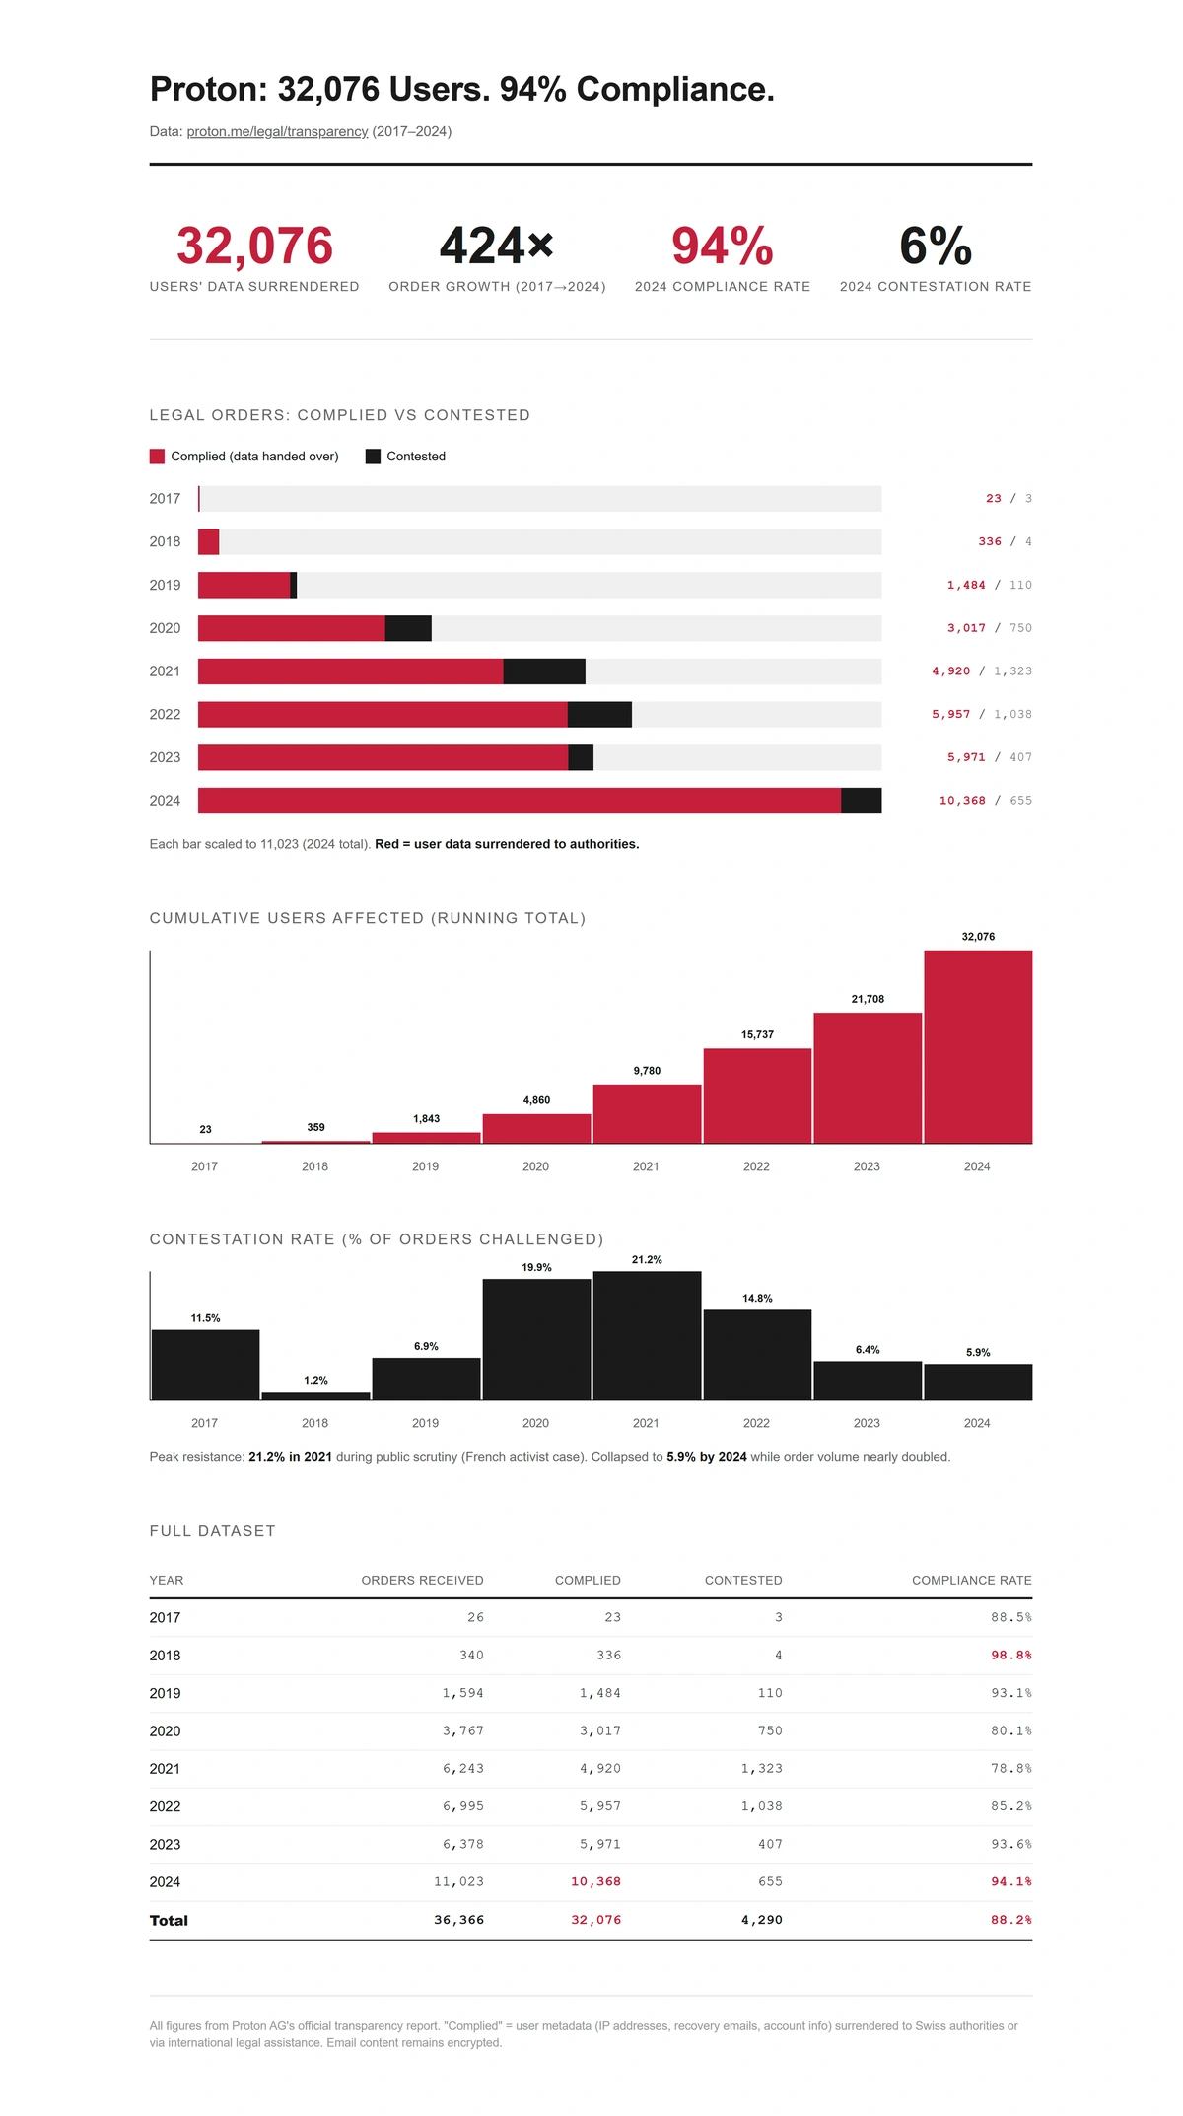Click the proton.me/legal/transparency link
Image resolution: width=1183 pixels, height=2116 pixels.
277,131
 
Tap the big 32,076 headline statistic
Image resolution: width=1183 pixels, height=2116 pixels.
254,246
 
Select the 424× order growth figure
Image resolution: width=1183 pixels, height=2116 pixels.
497,246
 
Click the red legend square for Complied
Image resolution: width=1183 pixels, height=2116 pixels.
157,457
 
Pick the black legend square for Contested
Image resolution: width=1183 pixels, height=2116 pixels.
373,457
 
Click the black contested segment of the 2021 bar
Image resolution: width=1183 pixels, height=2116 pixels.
544,671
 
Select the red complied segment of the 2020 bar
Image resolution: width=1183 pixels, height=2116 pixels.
291,628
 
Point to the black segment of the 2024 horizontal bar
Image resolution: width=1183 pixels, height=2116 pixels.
861,801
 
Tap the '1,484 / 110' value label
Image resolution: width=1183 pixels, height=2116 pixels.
989,585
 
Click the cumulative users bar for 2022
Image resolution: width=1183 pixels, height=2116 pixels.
757,1095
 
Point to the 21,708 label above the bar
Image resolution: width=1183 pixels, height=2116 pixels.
868,999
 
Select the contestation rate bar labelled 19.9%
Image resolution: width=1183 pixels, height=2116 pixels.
536,1338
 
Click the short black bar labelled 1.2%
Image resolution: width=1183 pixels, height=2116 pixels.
315,1395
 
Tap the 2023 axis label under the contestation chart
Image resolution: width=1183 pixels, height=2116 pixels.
867,1423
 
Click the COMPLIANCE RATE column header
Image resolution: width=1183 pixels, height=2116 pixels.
971,1580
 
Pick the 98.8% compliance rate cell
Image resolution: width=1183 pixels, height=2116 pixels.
1010,1656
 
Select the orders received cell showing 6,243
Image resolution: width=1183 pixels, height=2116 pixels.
462,1769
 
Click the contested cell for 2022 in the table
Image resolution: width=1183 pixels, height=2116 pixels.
761,1806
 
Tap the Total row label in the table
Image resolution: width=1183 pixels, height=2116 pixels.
169,1920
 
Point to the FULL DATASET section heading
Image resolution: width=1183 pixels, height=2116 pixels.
212,1531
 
